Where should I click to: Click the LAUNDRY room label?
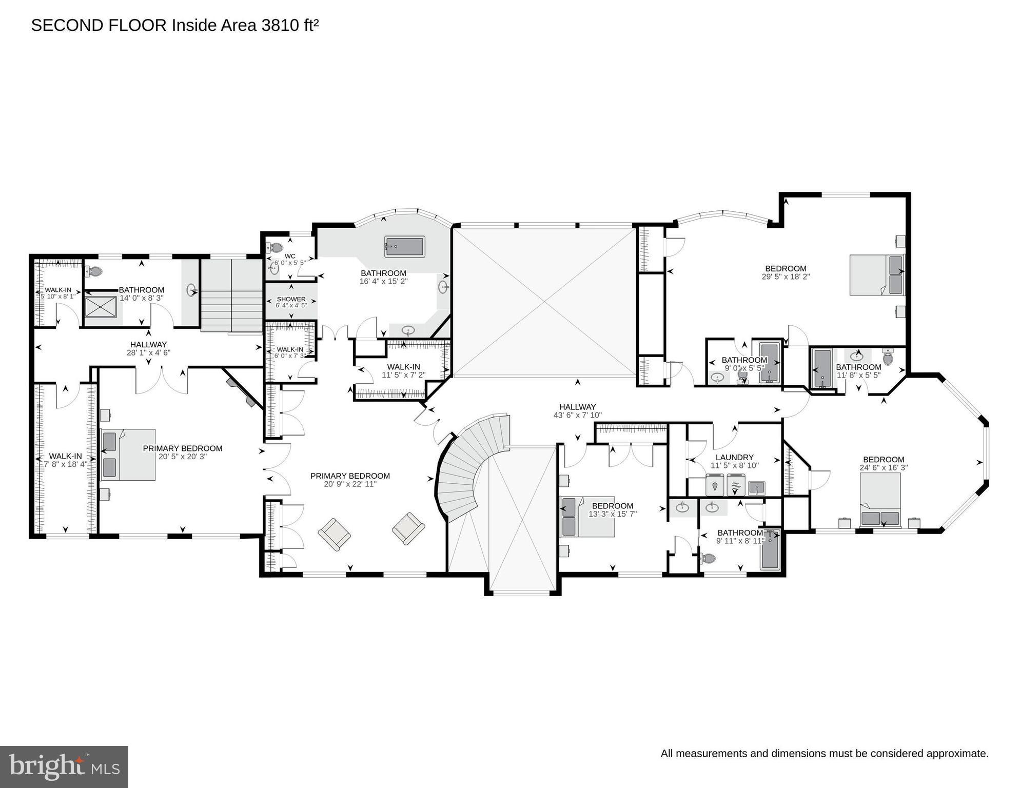[734, 457]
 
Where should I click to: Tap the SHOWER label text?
[291, 299]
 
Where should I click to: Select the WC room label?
[290, 256]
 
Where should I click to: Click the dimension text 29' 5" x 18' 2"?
[786, 277]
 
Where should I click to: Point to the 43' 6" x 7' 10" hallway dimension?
[577, 415]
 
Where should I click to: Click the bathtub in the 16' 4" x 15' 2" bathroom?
[405, 247]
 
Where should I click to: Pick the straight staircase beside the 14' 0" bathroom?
[231, 296]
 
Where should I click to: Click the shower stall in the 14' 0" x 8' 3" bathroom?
[101, 307]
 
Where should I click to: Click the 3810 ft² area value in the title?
[290, 25]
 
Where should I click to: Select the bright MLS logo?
[64, 766]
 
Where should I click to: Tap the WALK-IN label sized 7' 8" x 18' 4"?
[65, 456]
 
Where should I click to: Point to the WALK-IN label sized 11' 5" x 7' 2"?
[403, 367]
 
